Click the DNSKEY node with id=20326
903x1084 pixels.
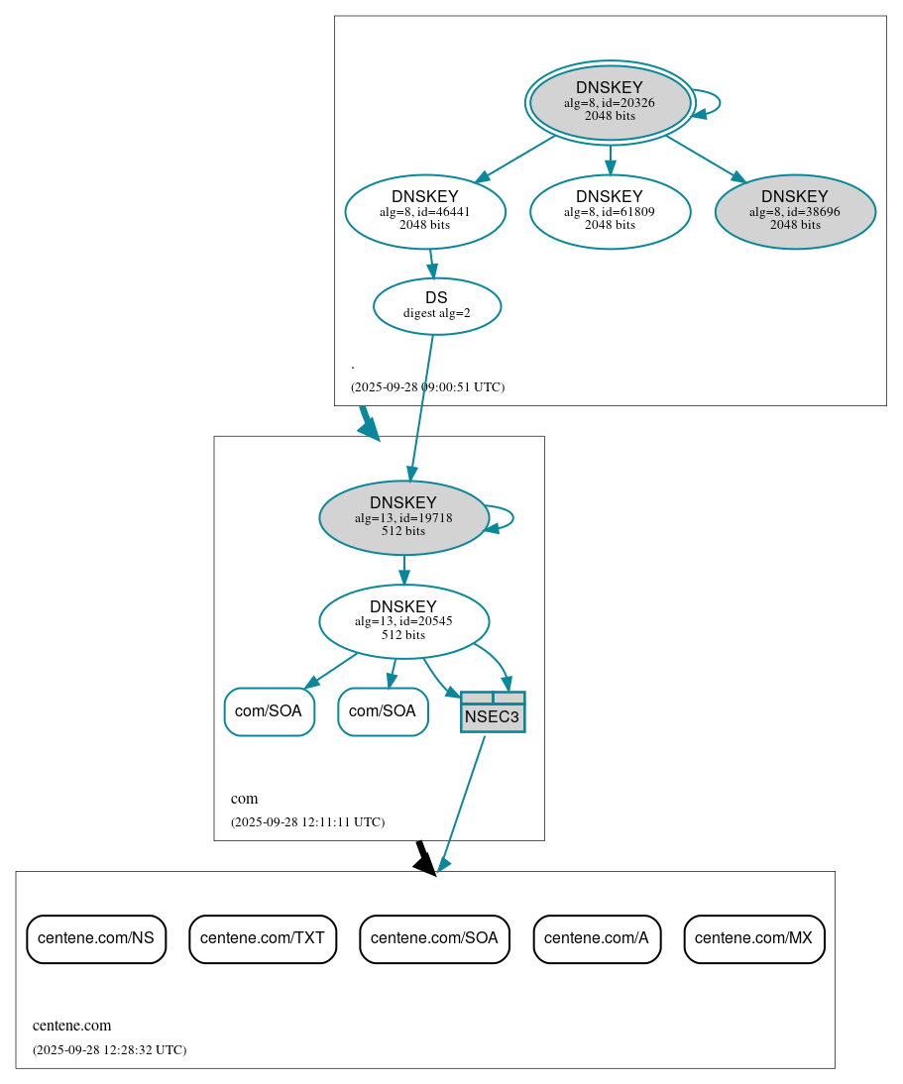click(610, 102)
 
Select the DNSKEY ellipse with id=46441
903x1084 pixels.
click(425, 211)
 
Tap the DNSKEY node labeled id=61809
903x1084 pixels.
click(610, 211)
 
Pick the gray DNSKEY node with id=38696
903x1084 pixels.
click(795, 211)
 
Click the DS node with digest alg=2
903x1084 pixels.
click(437, 306)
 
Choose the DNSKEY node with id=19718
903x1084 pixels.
click(403, 517)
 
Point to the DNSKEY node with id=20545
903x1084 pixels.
click(403, 621)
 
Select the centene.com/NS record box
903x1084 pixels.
click(96, 938)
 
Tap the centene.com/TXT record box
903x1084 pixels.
click(263, 938)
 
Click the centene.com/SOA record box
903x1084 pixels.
click(434, 938)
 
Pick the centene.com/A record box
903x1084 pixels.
click(597, 938)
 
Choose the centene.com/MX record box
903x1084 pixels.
click(753, 938)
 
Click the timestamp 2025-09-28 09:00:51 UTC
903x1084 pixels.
click(427, 386)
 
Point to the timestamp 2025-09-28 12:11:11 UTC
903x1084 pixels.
click(307, 821)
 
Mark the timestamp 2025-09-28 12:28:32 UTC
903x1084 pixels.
click(109, 1049)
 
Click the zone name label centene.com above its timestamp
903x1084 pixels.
click(71, 1026)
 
